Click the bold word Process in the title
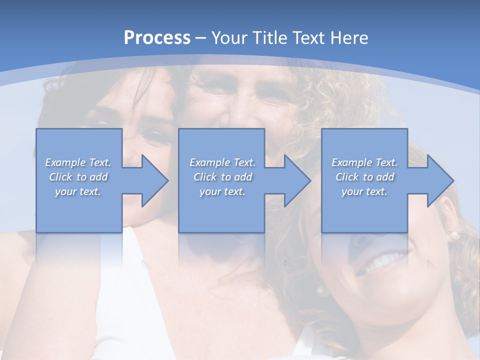(x=157, y=38)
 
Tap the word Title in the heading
(x=265, y=38)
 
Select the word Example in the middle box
(x=209, y=162)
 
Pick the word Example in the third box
(x=351, y=162)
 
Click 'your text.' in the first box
(x=78, y=191)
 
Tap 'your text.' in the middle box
(x=222, y=191)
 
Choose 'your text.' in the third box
(x=364, y=191)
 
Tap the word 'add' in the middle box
(x=243, y=177)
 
